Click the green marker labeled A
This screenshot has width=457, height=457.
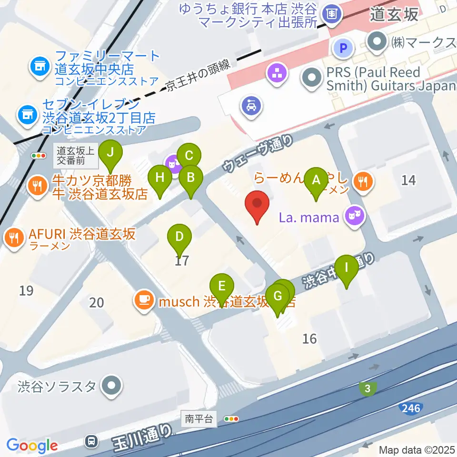315,180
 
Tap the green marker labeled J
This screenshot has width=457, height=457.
110,153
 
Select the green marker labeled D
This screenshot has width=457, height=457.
179,237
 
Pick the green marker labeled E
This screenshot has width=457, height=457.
222,287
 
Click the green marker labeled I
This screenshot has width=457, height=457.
347,268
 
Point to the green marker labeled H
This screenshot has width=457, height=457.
160,179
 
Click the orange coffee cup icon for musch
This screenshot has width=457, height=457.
143,300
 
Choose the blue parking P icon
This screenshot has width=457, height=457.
343,47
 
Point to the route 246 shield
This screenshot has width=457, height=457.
410,408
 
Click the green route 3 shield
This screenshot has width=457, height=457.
367,389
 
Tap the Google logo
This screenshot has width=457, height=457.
31,446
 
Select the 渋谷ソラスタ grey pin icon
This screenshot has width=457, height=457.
112,385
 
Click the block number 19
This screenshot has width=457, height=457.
27,290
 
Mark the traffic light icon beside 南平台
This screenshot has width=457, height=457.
231,419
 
